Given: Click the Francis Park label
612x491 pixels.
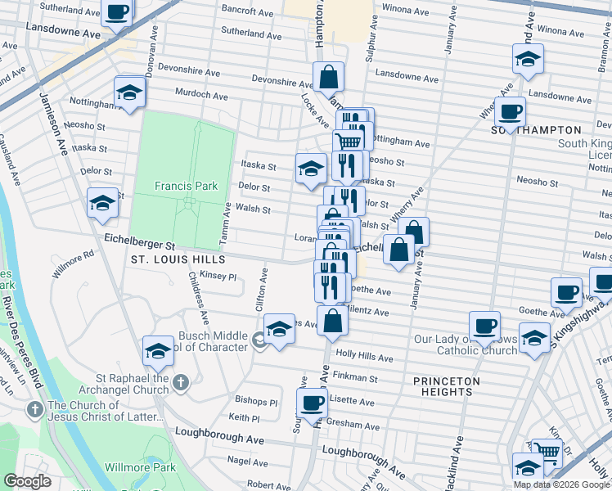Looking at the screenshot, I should [x=187, y=186].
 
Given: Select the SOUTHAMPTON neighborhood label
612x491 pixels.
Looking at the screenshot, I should [x=536, y=130].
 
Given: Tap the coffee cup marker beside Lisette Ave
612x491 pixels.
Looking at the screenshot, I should [x=312, y=403].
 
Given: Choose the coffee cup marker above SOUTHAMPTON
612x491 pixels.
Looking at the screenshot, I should [x=510, y=111].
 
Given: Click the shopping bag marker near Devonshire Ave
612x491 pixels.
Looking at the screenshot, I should [x=328, y=79].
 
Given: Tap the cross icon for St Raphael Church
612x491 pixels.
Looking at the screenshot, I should [x=181, y=382].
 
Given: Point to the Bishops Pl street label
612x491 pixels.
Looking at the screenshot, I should [x=257, y=402].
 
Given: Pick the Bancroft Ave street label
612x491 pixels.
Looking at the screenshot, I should [x=246, y=13].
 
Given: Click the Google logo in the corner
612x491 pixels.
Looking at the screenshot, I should [x=27, y=481].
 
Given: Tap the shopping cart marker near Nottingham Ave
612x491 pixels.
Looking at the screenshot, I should [x=349, y=141].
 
